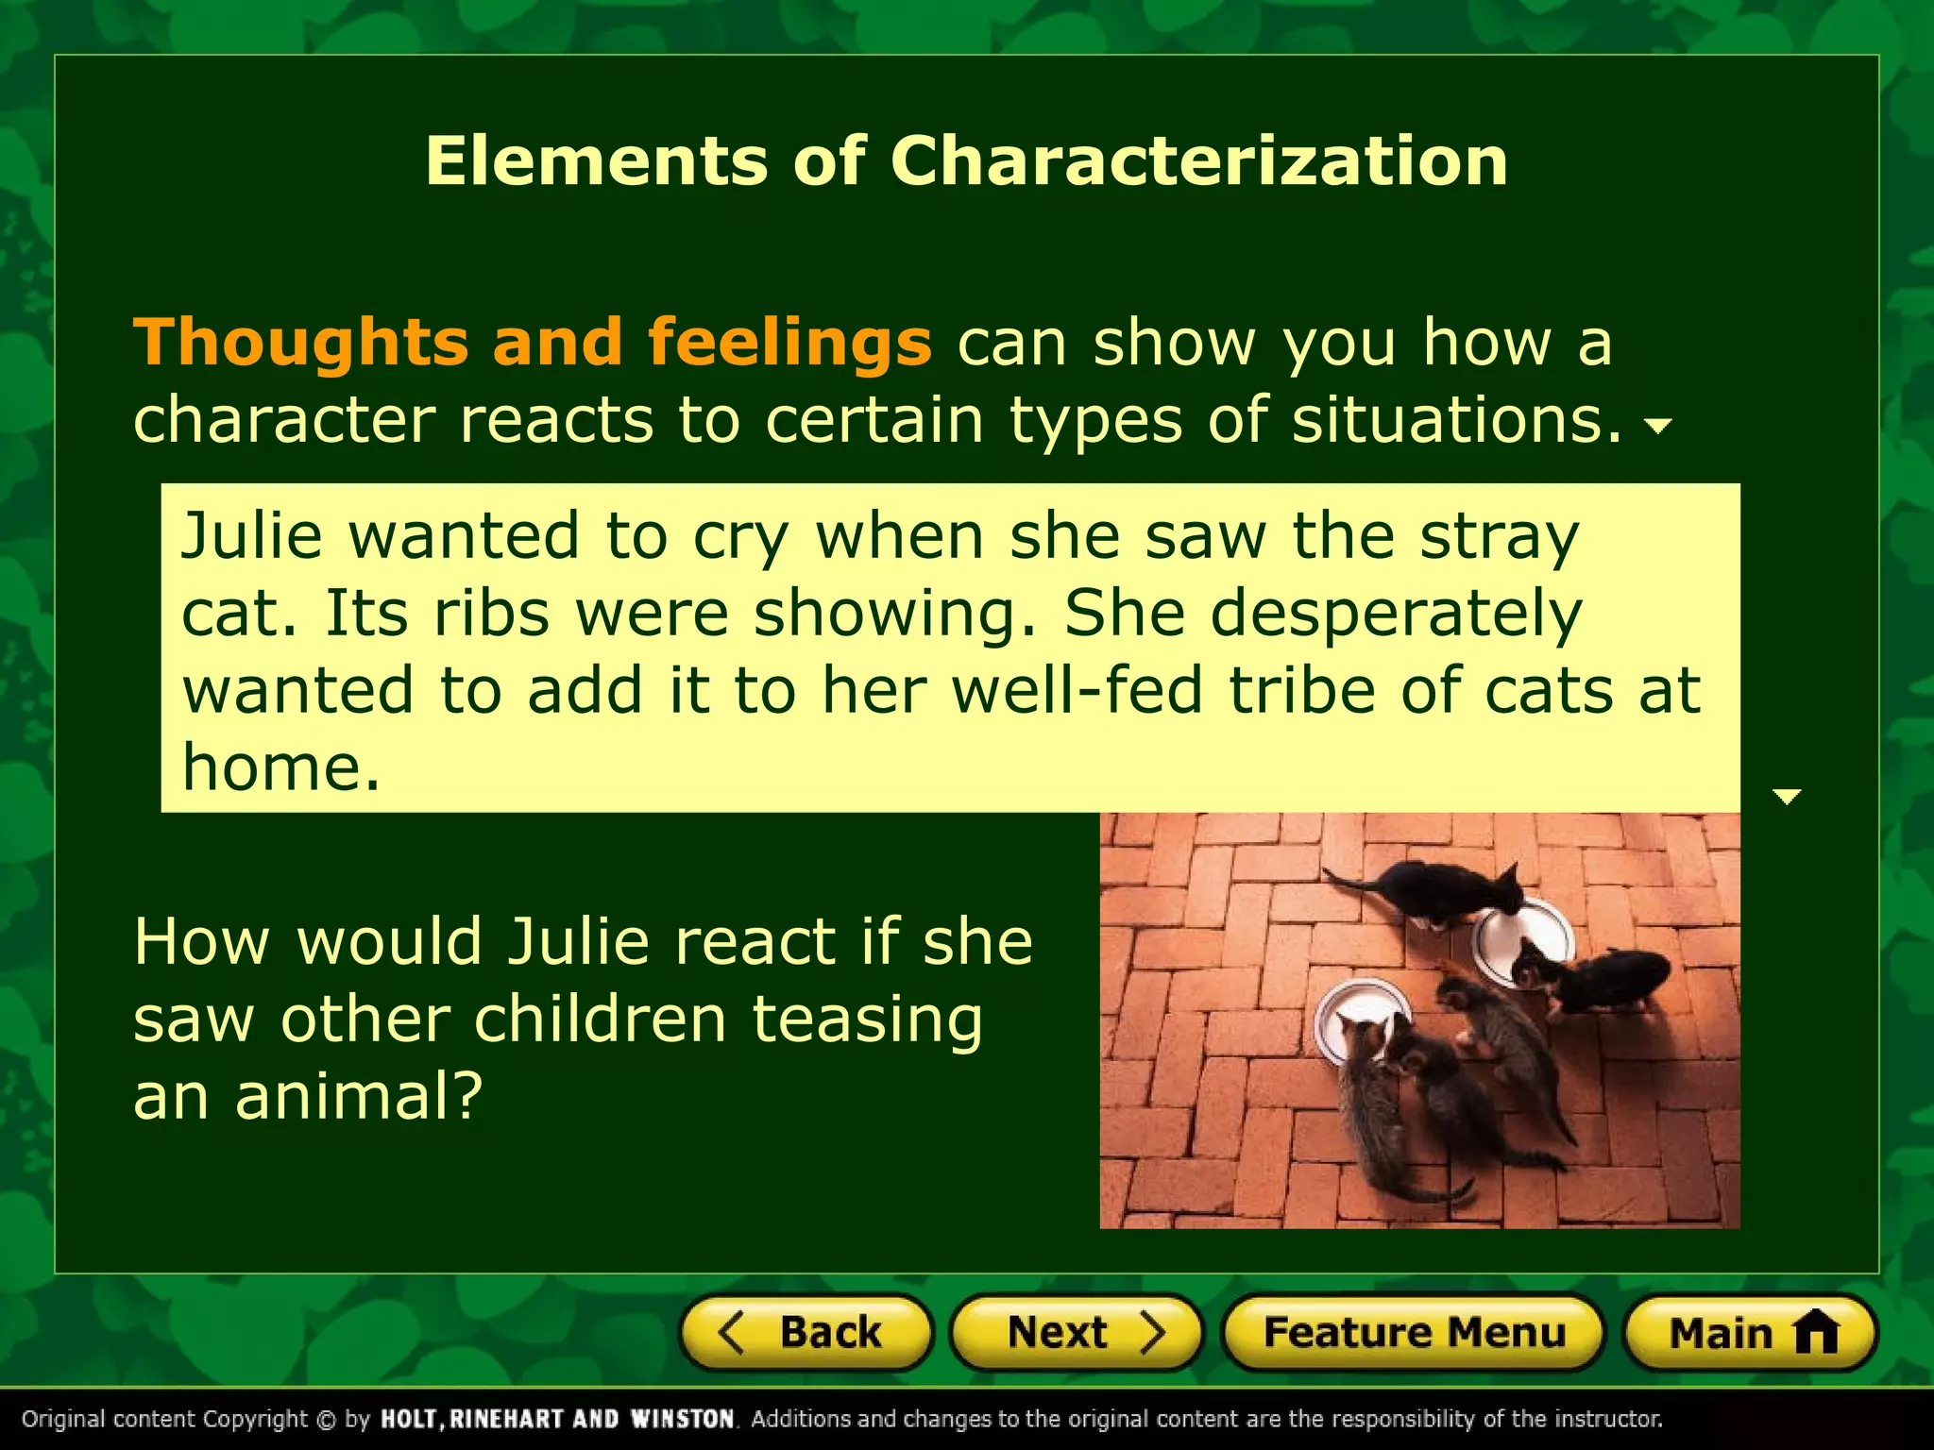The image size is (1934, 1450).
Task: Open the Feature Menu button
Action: click(x=1414, y=1333)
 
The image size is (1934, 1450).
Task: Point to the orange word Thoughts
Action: click(x=300, y=342)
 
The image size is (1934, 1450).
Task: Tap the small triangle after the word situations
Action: click(x=1658, y=427)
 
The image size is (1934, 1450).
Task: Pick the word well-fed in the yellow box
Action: click(x=1077, y=691)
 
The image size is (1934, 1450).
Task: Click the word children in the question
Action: click(x=600, y=1020)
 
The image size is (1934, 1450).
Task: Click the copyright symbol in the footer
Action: click(x=326, y=1420)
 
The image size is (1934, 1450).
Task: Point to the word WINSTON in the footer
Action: click(x=682, y=1420)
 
